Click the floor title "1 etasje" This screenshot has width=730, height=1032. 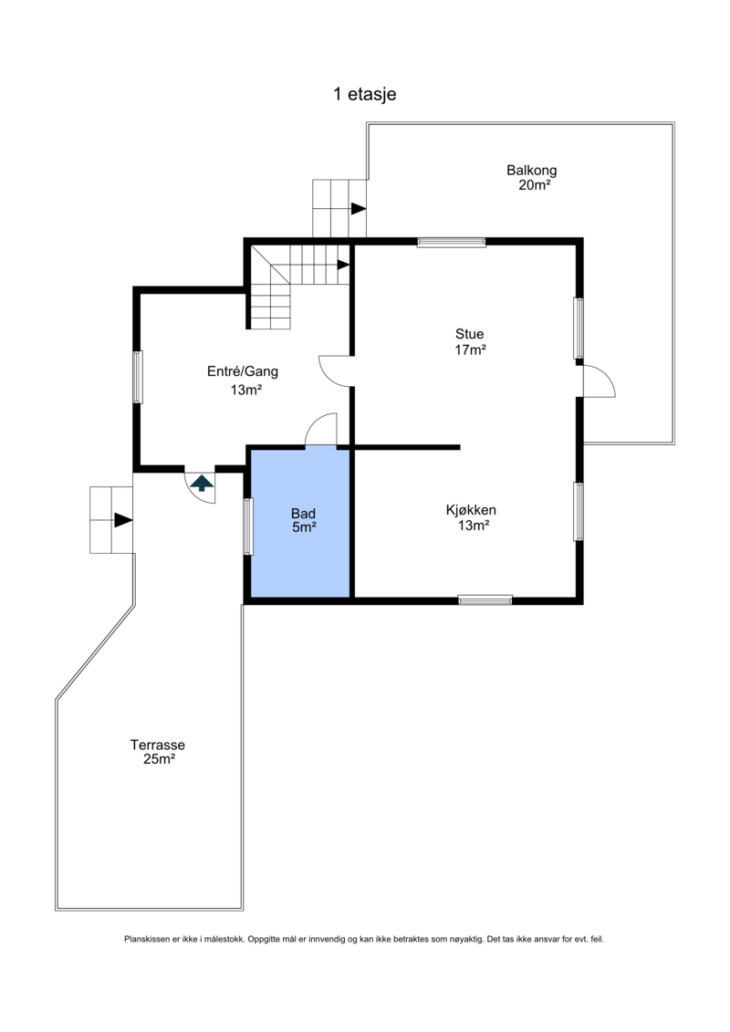tap(365, 94)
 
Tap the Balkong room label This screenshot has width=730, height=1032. tap(531, 171)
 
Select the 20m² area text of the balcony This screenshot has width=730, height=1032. tap(534, 185)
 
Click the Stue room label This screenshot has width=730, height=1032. tap(469, 334)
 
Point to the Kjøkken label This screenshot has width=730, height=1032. tap(471, 510)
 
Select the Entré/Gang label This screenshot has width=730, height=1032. tap(242, 372)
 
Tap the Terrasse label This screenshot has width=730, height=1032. tap(157, 745)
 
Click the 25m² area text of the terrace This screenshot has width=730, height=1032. tap(159, 759)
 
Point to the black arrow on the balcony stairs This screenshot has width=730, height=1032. tap(358, 209)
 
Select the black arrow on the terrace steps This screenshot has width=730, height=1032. tap(123, 520)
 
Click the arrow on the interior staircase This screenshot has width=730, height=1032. tap(343, 265)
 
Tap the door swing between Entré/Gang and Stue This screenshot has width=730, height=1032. tap(334, 370)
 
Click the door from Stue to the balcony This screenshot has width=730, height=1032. tap(599, 381)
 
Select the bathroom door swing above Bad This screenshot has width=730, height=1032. tap(321, 430)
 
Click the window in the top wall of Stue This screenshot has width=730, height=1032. tap(452, 242)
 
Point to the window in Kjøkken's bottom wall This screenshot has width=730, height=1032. tap(485, 599)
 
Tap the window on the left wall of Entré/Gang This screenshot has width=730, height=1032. tap(138, 377)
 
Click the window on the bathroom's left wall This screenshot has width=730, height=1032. tap(248, 526)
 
